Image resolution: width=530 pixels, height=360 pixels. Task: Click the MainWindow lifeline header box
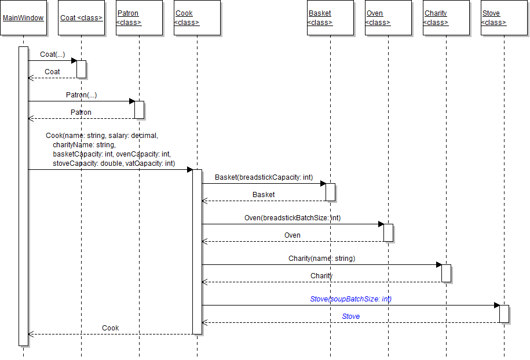[x=23, y=18]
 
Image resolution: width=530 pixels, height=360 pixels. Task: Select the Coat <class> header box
[x=81, y=18]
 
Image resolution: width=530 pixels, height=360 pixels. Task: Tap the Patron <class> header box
[x=139, y=18]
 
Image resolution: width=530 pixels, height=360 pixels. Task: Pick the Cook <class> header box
[x=197, y=18]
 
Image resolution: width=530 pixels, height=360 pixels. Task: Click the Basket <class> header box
[x=330, y=18]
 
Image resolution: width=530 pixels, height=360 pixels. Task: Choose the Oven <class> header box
[x=388, y=18]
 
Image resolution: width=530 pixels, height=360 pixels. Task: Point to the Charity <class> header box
[x=446, y=18]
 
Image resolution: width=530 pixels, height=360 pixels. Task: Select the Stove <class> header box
[x=504, y=18]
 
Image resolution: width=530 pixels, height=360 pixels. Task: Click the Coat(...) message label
[x=52, y=54]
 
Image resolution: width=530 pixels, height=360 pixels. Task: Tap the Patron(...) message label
[x=81, y=94]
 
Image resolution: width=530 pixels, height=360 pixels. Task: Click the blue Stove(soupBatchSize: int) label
[x=350, y=299]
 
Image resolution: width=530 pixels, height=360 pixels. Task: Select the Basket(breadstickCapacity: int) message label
[x=264, y=177]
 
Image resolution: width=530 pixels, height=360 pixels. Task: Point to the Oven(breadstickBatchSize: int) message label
[x=293, y=218]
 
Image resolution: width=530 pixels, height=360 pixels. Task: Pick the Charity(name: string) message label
[x=321, y=259]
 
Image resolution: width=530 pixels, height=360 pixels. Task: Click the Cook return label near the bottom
[x=110, y=328]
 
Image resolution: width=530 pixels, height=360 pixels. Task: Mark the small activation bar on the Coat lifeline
[x=82, y=69]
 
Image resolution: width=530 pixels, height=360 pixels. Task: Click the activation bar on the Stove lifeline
[x=504, y=314]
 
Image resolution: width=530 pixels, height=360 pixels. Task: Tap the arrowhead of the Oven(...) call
[x=381, y=224]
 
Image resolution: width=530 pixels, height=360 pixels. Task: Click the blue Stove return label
[x=350, y=317]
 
